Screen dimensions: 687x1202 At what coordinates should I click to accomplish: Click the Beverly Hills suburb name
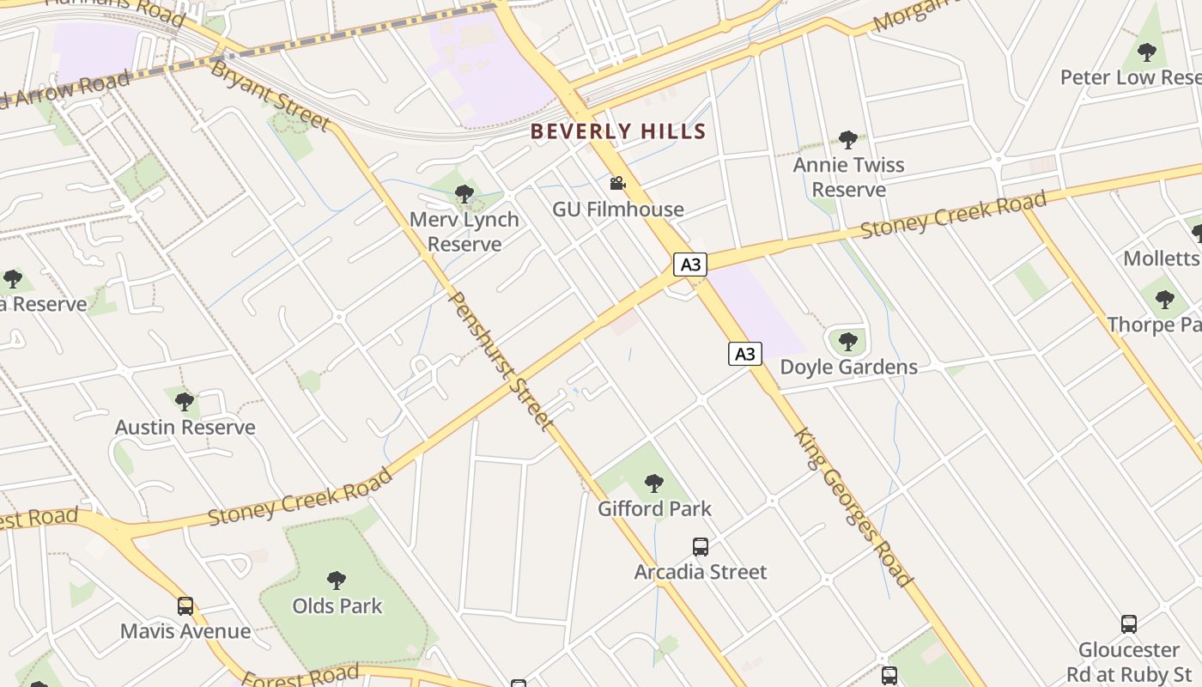pos(618,131)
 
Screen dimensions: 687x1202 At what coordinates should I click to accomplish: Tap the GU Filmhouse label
pos(618,209)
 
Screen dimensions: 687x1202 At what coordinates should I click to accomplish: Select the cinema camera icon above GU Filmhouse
pos(617,183)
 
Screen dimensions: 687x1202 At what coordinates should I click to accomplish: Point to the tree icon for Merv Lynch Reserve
pos(464,194)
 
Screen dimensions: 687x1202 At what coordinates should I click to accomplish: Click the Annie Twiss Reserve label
pos(848,177)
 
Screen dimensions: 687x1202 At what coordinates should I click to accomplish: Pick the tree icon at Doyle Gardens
pos(848,342)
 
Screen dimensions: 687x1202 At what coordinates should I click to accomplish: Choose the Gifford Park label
pos(654,508)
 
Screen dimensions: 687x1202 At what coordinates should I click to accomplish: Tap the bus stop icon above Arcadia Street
pos(701,547)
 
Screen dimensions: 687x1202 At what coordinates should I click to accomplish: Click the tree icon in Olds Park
pos(337,581)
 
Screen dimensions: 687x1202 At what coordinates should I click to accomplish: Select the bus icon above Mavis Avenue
pos(185,606)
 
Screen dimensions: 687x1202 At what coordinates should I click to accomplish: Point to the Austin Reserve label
pos(185,427)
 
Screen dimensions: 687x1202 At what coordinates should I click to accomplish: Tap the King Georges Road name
pos(851,508)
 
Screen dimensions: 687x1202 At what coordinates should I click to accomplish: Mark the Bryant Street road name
pos(270,95)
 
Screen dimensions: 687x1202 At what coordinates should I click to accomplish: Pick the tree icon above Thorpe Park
pos(1164,300)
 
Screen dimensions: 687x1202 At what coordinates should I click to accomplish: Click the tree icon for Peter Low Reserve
pos(1147,52)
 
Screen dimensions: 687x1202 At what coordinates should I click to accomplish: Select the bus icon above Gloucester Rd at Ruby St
pos(1129,624)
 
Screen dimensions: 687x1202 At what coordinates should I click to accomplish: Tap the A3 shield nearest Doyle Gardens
pos(745,353)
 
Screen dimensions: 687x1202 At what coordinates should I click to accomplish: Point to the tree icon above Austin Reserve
pos(185,401)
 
